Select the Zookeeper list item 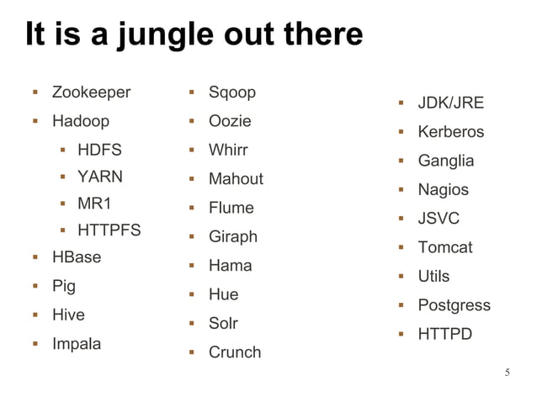(91, 93)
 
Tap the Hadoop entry (81, 121)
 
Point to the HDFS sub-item (99, 151)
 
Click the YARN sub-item (100, 177)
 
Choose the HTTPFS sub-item (109, 230)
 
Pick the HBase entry (77, 257)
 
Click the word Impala (77, 344)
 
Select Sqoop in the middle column (232, 93)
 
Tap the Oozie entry (230, 121)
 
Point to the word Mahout (236, 179)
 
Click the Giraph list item (233, 237)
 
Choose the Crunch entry (235, 352)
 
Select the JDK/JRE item (451, 103)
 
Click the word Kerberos (451, 132)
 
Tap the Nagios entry (444, 190)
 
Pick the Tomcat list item (445, 247)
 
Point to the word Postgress (455, 305)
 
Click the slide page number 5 (508, 373)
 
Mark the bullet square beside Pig (36, 287)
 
